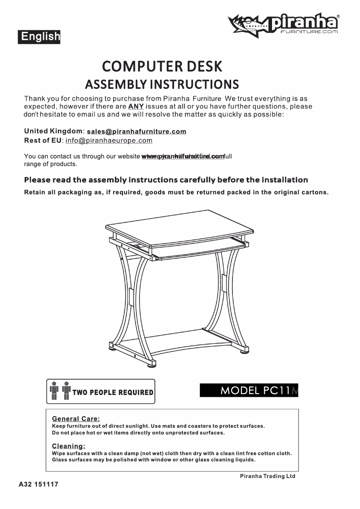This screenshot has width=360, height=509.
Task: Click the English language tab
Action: click(39, 36)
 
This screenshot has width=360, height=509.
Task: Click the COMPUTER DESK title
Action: click(162, 66)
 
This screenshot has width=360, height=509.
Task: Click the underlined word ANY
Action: click(136, 107)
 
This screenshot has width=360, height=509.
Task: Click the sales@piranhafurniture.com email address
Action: click(136, 132)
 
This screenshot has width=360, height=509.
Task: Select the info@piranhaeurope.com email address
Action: click(109, 140)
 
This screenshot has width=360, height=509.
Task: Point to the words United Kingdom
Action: click(53, 131)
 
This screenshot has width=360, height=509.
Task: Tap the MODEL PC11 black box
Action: click(249, 391)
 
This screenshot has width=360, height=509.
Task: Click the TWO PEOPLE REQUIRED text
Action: click(113, 393)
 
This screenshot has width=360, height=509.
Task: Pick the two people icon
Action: click(60, 391)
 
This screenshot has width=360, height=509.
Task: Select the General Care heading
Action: click(76, 419)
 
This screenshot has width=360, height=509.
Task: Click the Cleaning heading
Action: click(69, 446)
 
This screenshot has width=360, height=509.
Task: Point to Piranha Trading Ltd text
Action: click(268, 476)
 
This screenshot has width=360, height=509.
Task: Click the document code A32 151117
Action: click(39, 485)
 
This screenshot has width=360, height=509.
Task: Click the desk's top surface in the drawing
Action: click(180, 226)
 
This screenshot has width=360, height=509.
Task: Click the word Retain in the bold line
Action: click(34, 193)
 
